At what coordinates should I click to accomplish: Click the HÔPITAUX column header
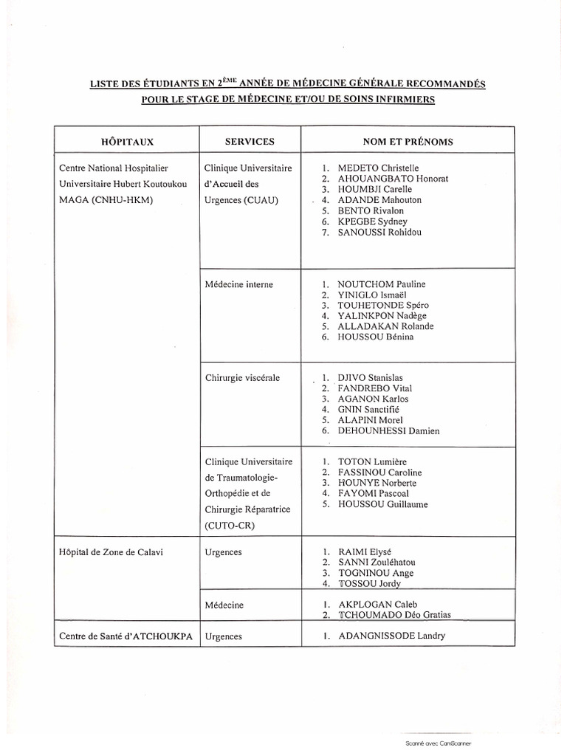point(127,141)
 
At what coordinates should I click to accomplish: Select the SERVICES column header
point(249,141)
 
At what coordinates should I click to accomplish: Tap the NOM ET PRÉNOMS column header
point(408,141)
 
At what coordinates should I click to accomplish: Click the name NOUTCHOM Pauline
point(381,284)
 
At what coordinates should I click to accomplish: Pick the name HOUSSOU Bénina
point(375,337)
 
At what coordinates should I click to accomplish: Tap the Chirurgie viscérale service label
point(242,378)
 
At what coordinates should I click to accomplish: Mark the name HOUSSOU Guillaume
point(382,504)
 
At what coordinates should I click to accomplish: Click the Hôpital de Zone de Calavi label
point(109,551)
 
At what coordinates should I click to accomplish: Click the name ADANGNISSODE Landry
point(391,636)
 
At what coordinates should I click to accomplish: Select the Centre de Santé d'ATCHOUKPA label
point(124,636)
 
